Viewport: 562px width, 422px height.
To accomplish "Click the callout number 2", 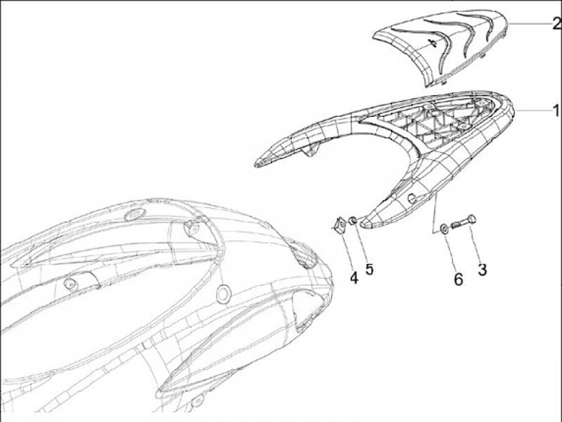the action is [555, 26].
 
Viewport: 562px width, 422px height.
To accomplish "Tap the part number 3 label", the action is [482, 271].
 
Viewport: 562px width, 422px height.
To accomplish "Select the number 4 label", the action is [354, 276].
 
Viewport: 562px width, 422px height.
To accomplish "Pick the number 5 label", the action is [369, 269].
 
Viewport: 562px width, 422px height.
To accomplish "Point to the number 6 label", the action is [458, 277].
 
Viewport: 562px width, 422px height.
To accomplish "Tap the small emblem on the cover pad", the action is [431, 45].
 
